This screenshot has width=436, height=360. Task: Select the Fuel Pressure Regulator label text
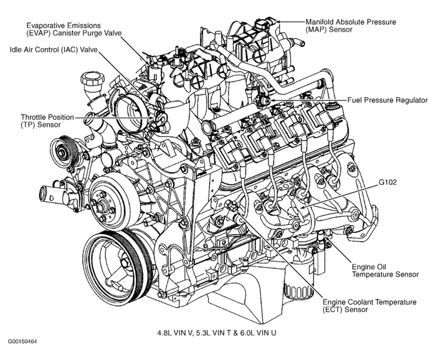(x=387, y=100)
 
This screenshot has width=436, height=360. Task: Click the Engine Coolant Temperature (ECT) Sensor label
(x=369, y=305)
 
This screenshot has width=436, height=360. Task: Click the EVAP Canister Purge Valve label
(x=73, y=28)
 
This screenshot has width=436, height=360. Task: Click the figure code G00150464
(x=23, y=342)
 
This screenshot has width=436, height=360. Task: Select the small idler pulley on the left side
(x=62, y=150)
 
